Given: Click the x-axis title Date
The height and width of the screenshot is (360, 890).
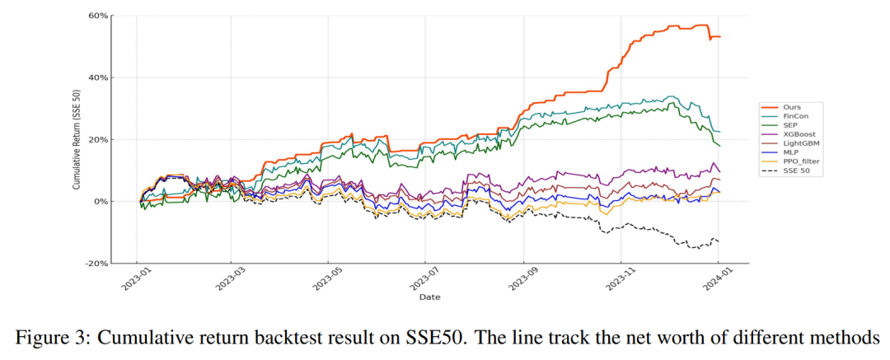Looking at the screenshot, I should click(429, 297).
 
